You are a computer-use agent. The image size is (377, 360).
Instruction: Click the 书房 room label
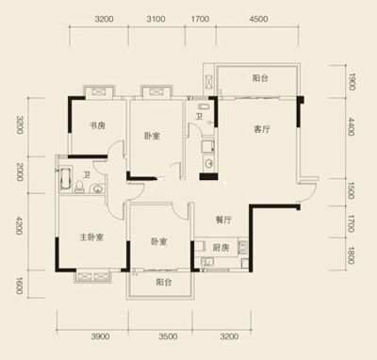(97, 126)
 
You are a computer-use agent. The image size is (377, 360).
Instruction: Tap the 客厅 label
(262, 129)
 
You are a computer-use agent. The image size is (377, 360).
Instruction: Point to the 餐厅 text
(223, 220)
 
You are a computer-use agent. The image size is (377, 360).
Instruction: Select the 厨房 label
(221, 248)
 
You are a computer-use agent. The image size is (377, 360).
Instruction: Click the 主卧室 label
(91, 237)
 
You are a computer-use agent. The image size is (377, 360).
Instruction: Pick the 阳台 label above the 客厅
(260, 78)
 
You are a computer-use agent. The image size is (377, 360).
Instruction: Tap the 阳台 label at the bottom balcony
(164, 283)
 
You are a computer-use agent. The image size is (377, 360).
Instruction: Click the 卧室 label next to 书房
(152, 136)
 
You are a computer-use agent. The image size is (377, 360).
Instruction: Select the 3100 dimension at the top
(156, 19)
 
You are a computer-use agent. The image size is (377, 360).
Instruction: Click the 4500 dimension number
(258, 19)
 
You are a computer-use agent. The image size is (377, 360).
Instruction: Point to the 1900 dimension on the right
(352, 81)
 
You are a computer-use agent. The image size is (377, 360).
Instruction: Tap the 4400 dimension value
(352, 126)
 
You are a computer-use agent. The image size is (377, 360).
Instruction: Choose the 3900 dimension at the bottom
(101, 336)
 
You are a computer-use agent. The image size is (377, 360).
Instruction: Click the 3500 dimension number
(168, 336)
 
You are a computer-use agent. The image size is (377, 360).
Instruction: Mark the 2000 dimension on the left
(20, 172)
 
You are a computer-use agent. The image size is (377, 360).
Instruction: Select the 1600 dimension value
(20, 286)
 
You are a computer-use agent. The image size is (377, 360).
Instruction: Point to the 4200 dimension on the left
(20, 225)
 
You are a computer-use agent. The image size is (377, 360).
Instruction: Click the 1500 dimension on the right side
(352, 190)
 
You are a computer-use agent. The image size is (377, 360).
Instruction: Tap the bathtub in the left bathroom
(65, 179)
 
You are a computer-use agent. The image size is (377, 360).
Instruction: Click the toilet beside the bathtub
(79, 187)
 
